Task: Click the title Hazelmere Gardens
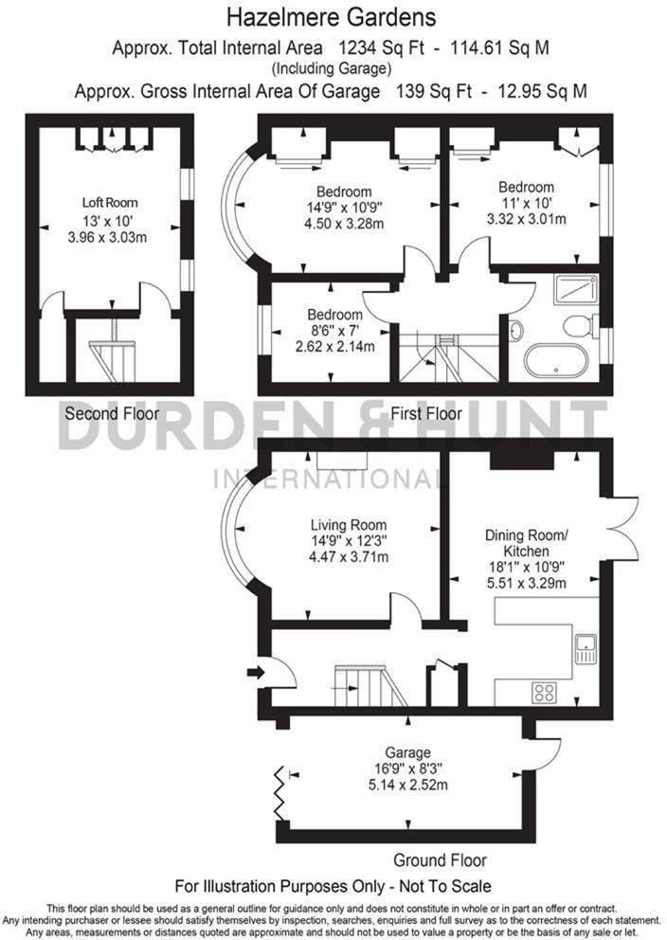point(332,16)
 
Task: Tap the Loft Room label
point(109,202)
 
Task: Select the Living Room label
point(349,525)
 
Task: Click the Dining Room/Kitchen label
point(526,543)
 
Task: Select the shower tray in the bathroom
point(575,288)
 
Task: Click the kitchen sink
point(586,649)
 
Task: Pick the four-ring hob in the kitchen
point(544,692)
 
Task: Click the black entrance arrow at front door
point(255,673)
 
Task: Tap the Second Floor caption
point(104,414)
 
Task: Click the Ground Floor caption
point(440,860)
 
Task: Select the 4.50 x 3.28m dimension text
point(344,223)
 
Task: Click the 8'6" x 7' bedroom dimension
point(334,330)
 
